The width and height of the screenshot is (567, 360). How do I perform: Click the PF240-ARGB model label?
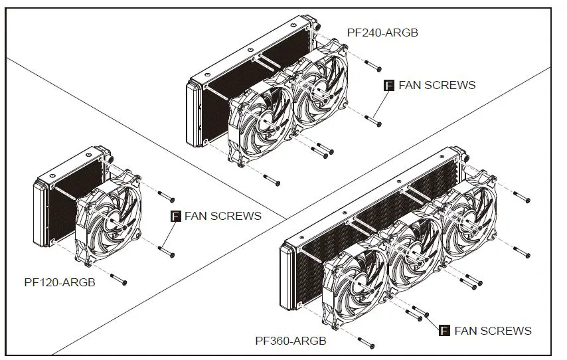coord(382,32)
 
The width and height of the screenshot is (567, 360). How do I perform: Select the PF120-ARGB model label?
coord(60,282)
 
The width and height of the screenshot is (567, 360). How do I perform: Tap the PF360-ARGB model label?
coord(291,341)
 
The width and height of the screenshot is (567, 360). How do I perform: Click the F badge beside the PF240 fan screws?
coord(390,85)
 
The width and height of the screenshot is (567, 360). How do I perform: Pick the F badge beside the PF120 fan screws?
coord(176,216)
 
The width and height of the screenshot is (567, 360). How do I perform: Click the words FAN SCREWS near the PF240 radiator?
coord(437,85)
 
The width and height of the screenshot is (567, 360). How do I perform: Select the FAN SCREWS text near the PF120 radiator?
coord(223,216)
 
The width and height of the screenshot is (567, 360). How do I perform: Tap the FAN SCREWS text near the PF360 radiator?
coord(493,330)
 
